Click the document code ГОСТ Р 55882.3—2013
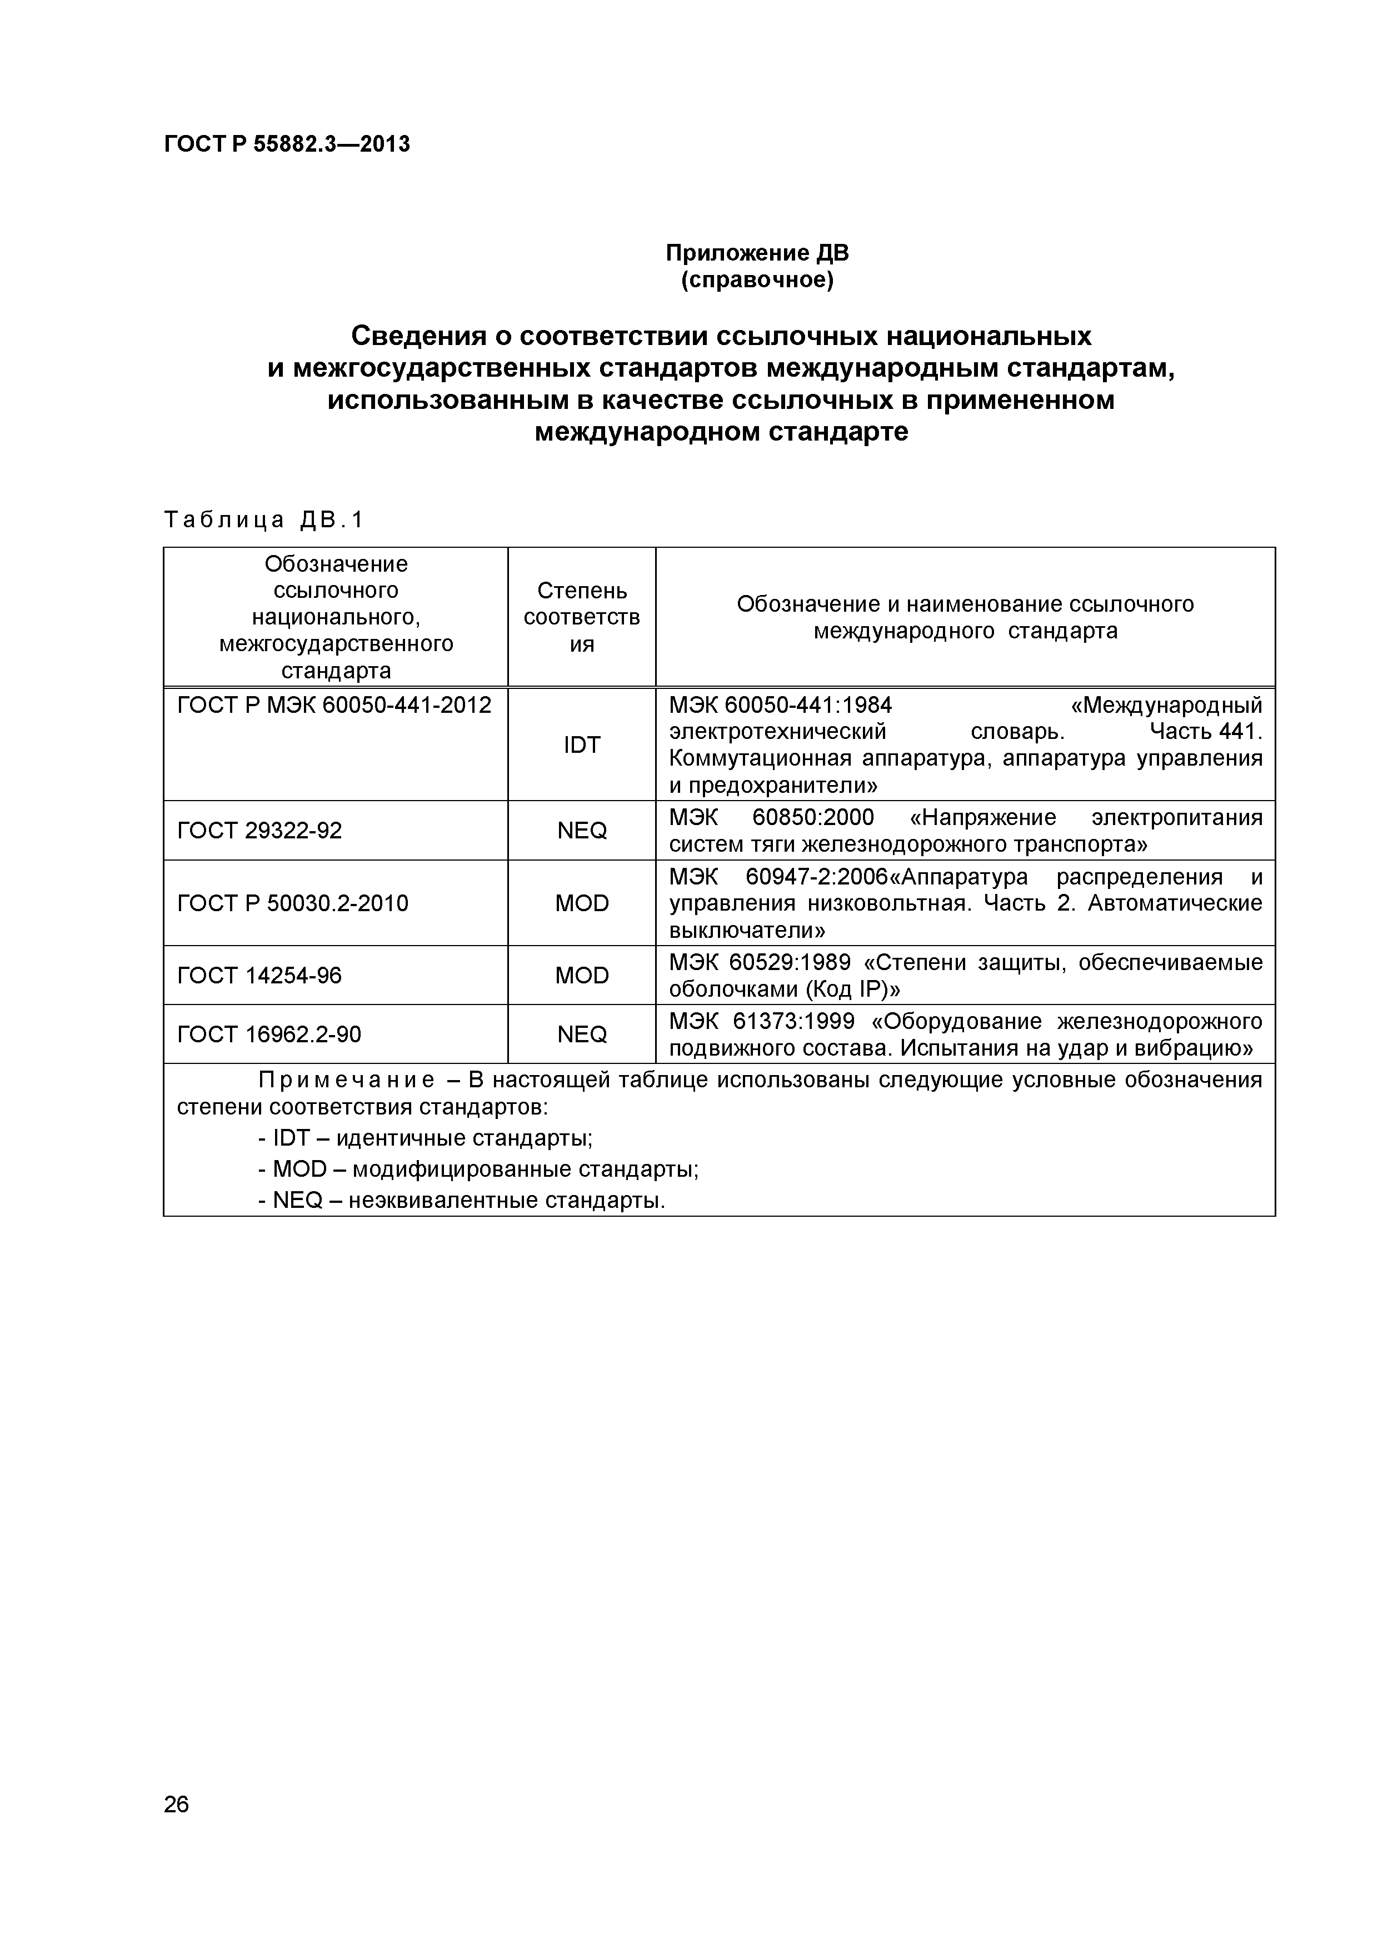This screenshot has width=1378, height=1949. click(286, 145)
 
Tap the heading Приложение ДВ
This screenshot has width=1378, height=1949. click(756, 253)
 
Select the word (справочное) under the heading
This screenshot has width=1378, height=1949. click(756, 280)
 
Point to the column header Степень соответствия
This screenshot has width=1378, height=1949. click(582, 617)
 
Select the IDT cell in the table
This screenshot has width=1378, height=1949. click(582, 744)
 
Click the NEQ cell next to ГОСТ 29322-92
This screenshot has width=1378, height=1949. click(582, 830)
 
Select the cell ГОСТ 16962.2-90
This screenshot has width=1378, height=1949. click(269, 1034)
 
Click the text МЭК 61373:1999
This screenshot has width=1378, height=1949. click(762, 1021)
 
